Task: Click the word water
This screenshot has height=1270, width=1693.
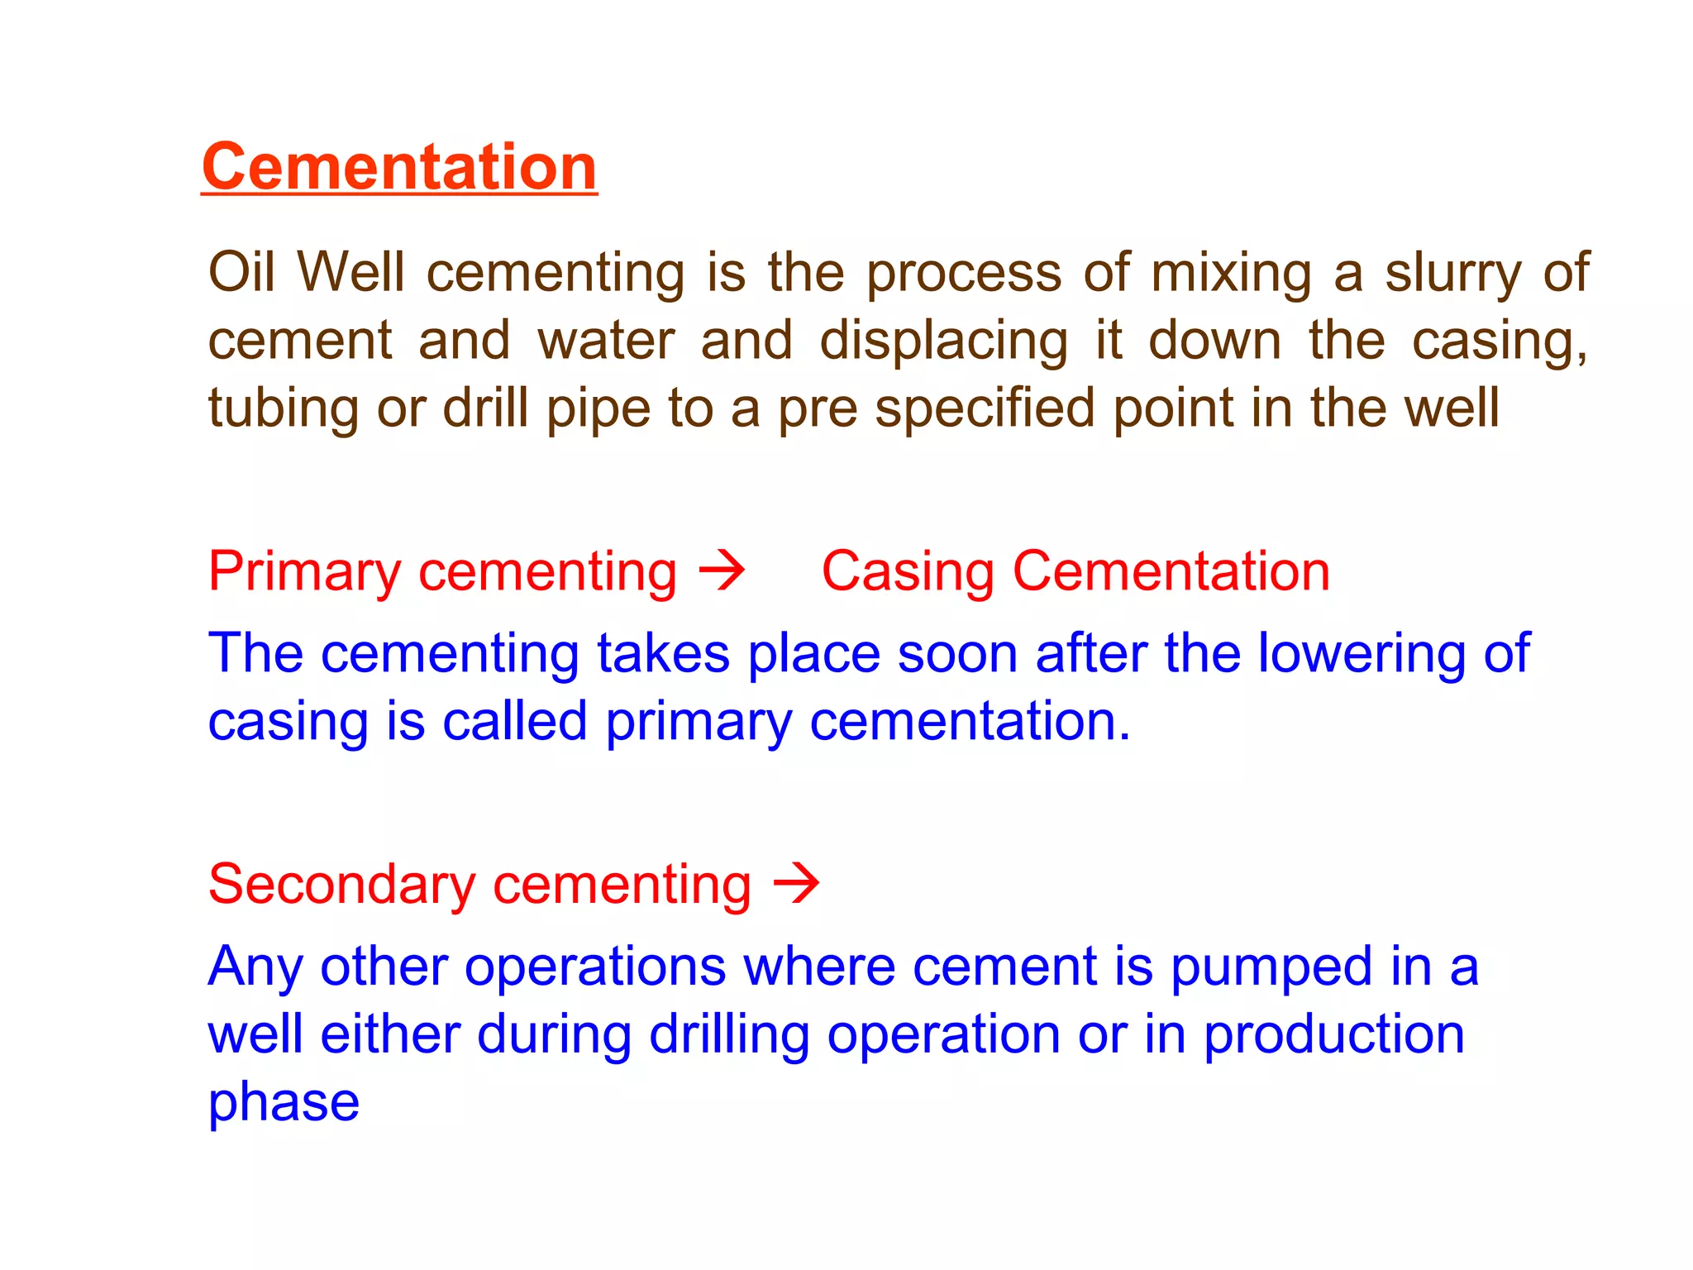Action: point(607,340)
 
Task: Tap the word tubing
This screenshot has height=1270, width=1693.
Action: point(282,408)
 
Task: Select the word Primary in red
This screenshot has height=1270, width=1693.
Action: point(304,572)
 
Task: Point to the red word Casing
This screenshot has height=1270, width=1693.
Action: point(907,572)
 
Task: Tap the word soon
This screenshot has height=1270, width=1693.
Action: point(957,653)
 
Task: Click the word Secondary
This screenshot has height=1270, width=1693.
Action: point(341,885)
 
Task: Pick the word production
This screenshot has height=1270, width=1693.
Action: point(1333,1035)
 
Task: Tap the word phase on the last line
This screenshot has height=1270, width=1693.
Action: point(284,1103)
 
